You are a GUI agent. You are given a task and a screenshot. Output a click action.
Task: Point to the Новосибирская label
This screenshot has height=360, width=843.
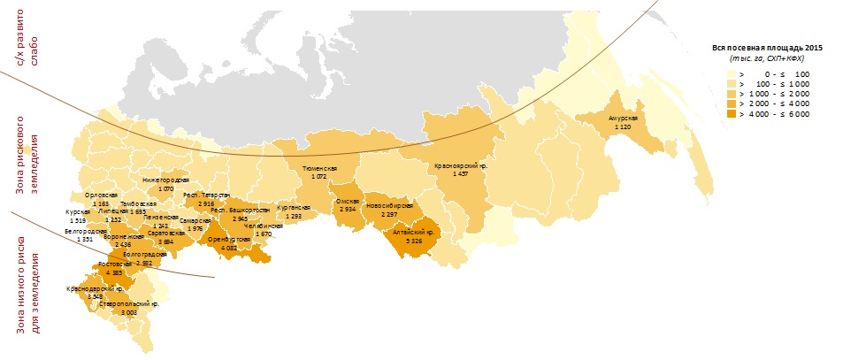pos(389,205)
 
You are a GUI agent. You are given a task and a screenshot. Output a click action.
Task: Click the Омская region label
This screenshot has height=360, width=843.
pos(346,201)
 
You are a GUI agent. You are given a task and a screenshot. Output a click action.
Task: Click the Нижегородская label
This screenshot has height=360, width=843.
pos(165,180)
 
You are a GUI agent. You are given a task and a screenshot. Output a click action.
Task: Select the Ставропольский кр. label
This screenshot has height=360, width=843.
pos(129,303)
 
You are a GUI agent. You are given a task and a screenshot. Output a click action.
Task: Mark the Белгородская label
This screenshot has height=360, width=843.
pos(85,231)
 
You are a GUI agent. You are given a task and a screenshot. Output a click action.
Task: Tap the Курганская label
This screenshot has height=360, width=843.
pos(295,207)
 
